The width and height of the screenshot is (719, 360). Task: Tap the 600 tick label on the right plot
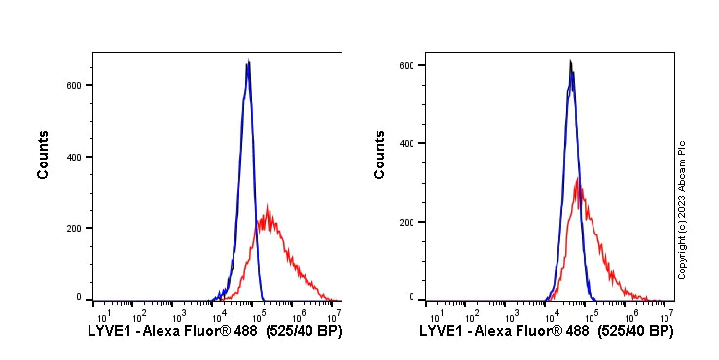pos(408,65)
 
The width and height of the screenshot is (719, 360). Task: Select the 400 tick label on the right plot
pos(408,143)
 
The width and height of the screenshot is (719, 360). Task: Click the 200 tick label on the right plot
pos(408,222)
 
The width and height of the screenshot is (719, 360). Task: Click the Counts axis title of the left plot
pos(43,155)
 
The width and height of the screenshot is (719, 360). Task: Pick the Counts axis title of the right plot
pos(379,155)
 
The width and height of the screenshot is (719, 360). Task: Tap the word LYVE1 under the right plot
pos(440,332)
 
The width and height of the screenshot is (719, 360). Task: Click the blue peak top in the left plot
pos(248,62)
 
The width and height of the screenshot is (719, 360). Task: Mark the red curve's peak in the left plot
pos(267,207)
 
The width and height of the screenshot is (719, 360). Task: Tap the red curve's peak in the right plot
pos(578,179)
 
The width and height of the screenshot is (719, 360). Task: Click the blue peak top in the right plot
pos(571,63)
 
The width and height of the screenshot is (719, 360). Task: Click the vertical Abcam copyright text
pos(682,209)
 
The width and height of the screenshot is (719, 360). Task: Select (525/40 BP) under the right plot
pos(634,332)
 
